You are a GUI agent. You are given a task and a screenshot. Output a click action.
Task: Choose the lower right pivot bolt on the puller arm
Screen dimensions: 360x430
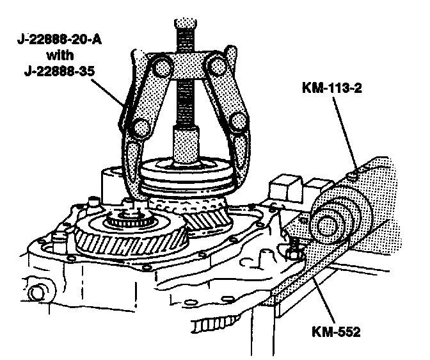(239, 122)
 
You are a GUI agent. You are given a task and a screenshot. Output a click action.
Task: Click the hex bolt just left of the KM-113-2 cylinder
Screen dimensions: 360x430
(294, 247)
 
